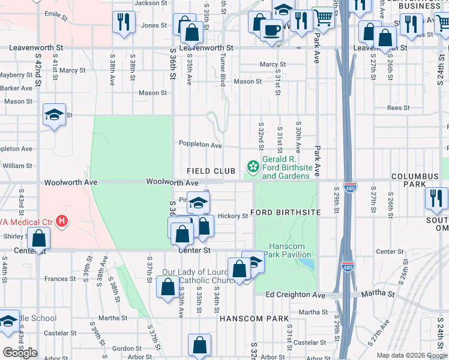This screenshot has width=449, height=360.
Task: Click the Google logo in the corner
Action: (x=20, y=353)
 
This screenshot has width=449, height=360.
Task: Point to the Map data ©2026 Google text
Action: (x=411, y=355)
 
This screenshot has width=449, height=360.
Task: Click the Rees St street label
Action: (x=398, y=108)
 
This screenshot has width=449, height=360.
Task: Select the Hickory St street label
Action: (x=232, y=215)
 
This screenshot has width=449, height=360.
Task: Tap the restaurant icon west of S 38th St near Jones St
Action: (x=121, y=22)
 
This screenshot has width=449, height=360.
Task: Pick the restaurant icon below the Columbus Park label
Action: (x=436, y=199)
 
